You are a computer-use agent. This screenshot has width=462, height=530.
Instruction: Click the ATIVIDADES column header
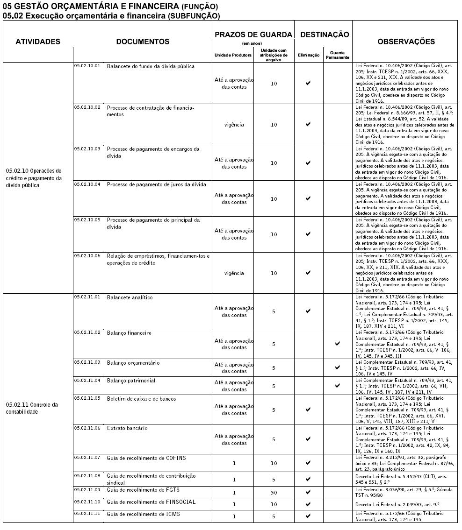[x=38, y=42]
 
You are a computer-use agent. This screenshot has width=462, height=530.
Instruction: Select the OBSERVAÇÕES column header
[x=406, y=42]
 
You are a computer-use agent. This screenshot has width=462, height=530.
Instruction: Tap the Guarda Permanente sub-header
[x=337, y=55]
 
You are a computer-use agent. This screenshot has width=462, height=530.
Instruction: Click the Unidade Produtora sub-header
[x=233, y=55]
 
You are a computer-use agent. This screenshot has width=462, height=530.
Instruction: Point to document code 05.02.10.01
[x=87, y=66]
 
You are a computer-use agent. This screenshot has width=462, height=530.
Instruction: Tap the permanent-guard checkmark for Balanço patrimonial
[x=337, y=386]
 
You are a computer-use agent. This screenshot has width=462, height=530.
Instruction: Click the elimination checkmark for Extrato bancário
[x=308, y=439]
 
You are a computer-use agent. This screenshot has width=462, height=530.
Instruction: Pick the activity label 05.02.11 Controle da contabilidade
[x=32, y=408]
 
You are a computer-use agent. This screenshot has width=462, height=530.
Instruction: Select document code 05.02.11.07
[x=87, y=458]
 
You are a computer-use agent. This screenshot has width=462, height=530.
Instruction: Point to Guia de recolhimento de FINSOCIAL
[x=151, y=502]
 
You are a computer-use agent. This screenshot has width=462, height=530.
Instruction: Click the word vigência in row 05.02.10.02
[x=234, y=125]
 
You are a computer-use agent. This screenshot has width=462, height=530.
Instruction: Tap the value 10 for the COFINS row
[x=274, y=463]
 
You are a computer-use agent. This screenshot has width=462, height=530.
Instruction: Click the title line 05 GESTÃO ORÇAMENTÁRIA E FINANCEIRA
[x=110, y=7]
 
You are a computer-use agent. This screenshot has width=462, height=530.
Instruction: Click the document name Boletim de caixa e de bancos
[x=141, y=398]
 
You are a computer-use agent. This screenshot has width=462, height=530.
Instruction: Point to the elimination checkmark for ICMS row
[x=308, y=516]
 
